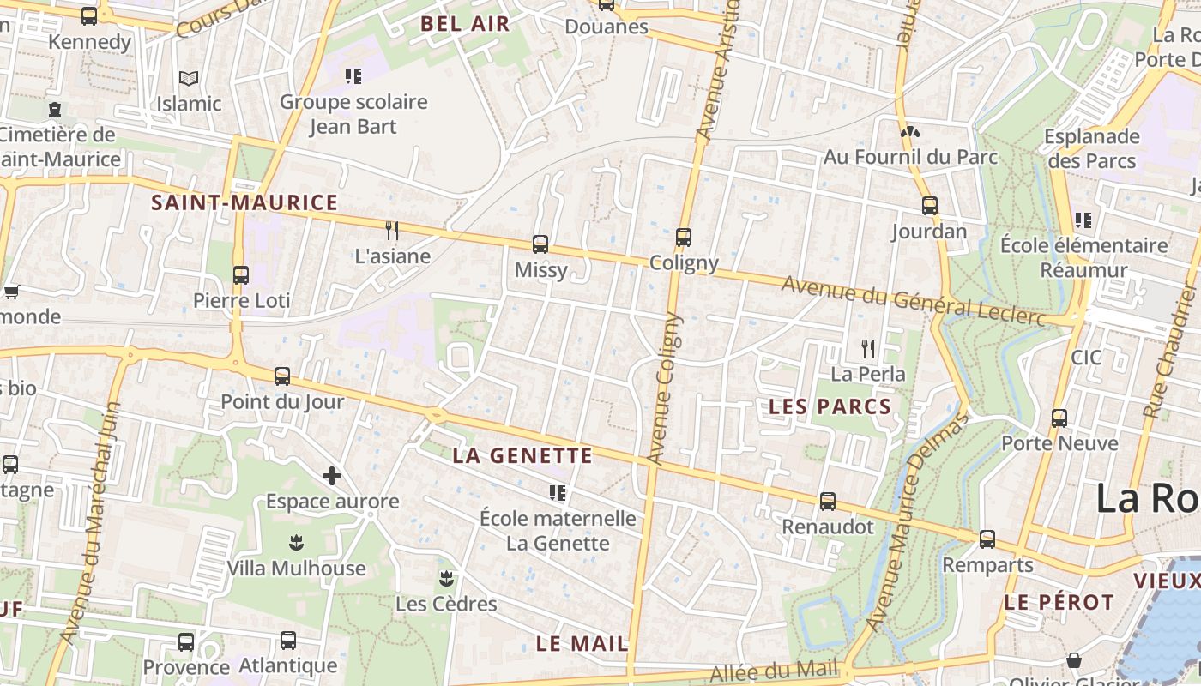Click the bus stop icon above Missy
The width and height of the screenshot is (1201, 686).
point(540,244)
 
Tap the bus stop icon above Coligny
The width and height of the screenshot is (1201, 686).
point(684,238)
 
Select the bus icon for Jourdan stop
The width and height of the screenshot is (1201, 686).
point(930,206)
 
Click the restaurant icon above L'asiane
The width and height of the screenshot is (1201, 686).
point(392,230)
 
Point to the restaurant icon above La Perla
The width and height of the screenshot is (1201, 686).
point(868,348)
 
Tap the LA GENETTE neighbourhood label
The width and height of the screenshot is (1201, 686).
point(522,455)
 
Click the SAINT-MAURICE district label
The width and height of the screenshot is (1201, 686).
point(244,203)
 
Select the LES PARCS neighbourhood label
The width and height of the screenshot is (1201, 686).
point(830,406)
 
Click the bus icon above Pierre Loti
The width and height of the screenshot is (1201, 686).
point(241,275)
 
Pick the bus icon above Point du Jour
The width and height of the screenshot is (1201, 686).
point(282,376)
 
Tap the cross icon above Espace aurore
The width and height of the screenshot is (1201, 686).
point(332,476)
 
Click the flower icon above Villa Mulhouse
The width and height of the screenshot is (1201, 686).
point(296,542)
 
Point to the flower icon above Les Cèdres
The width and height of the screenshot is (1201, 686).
point(446,577)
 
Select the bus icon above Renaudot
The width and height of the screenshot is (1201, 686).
point(828,501)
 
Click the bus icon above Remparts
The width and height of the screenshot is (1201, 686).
point(987,539)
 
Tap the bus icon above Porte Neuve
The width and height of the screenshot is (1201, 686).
point(1059,418)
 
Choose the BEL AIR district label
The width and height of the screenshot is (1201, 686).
point(465,24)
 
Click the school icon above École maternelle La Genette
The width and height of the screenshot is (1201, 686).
point(558,493)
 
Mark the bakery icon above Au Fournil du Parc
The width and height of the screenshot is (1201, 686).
point(909,133)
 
